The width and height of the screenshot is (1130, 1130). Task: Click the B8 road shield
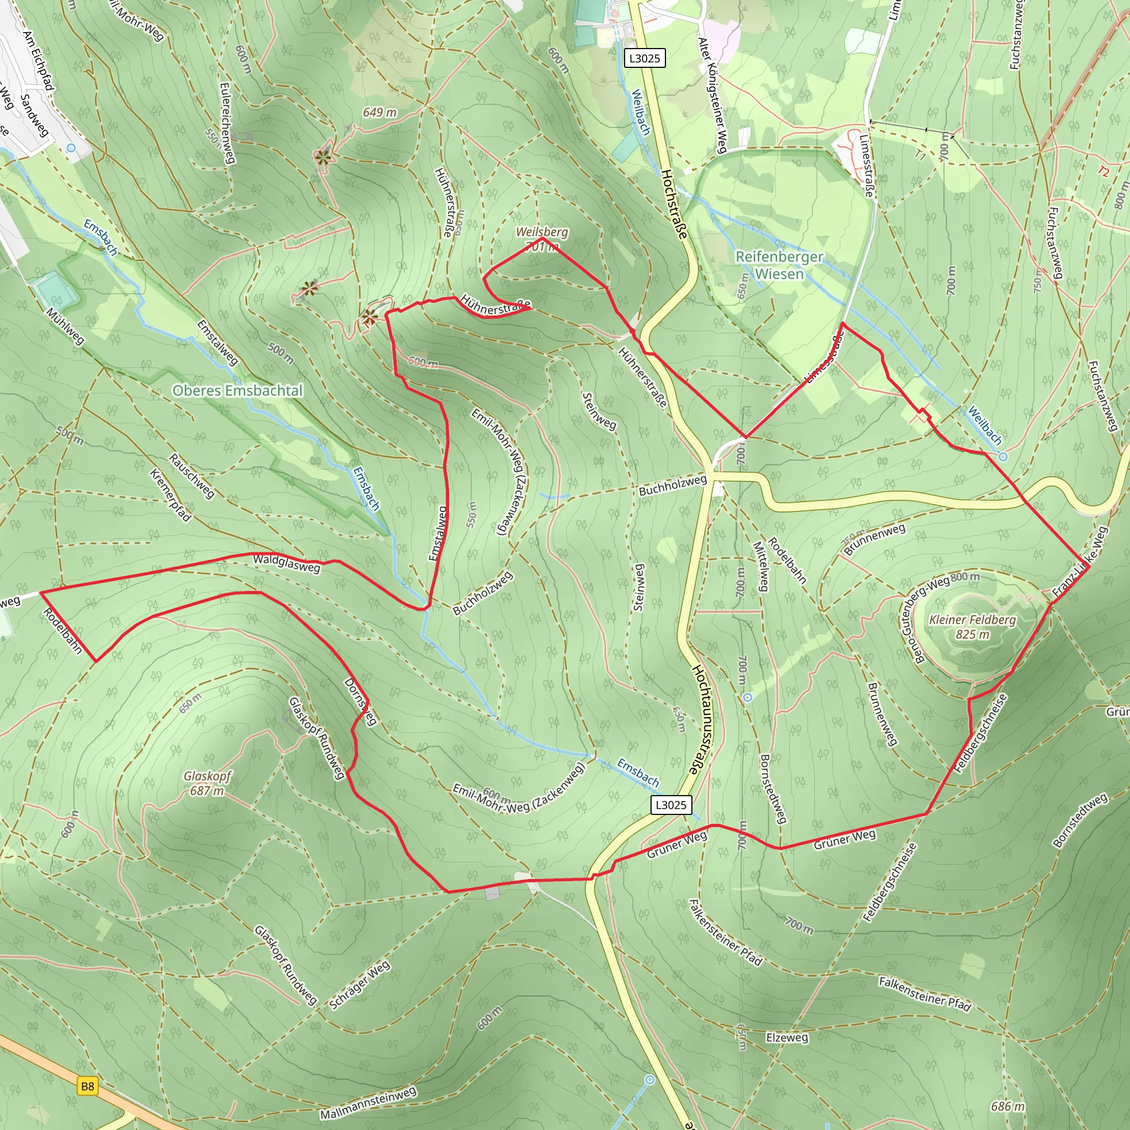(87, 1086)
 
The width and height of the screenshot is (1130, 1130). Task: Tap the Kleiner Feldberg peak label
(972, 626)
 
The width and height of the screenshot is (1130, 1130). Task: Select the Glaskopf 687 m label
(207, 783)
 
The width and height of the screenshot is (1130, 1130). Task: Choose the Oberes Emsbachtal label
(238, 390)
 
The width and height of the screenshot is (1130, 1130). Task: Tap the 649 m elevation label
(380, 113)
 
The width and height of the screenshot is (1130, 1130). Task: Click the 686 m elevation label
(1008, 1106)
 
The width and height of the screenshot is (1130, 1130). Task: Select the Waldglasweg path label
(286, 563)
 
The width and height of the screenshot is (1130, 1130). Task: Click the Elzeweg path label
(787, 1037)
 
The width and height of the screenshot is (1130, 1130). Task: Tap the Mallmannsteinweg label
(369, 1103)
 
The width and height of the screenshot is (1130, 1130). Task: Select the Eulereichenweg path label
(227, 123)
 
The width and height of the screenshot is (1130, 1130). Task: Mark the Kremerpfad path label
(170, 495)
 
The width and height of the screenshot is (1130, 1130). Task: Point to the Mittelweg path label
(760, 566)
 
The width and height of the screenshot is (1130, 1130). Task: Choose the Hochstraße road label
(674, 204)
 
